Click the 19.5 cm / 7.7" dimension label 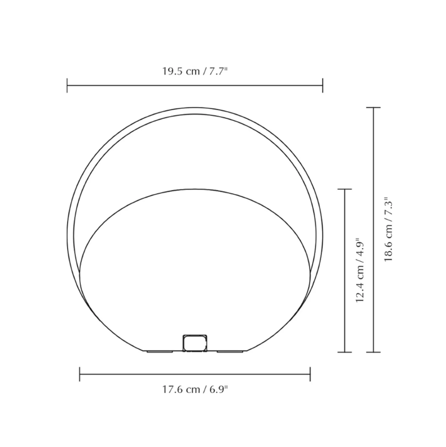195,71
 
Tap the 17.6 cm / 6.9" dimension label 195,389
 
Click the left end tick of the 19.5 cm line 67,85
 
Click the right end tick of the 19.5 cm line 322,85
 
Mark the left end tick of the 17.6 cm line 80,374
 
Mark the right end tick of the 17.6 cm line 310,374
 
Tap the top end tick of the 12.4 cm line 345,189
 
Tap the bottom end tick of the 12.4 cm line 345,352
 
